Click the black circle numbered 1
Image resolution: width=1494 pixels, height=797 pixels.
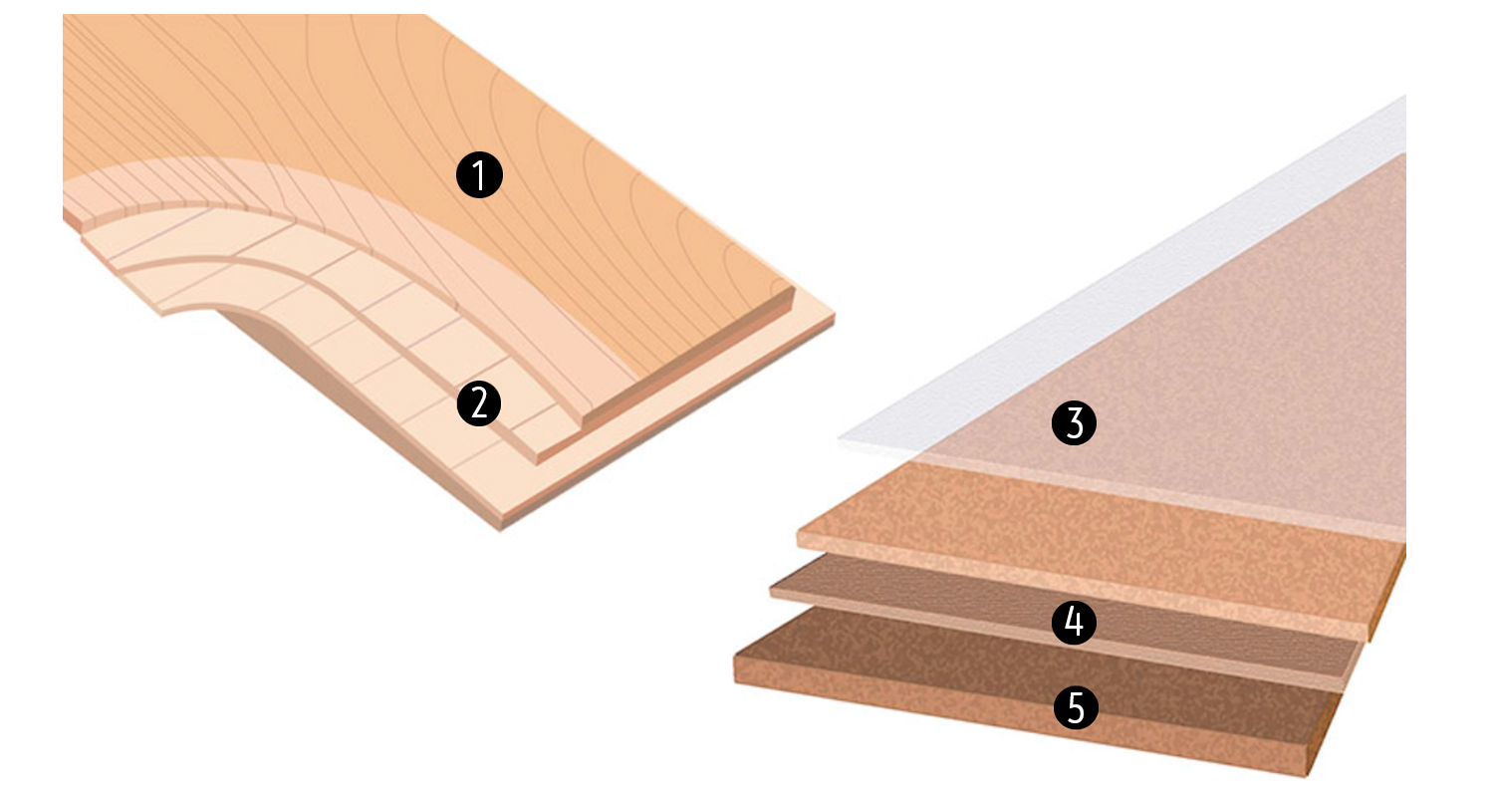click(x=479, y=175)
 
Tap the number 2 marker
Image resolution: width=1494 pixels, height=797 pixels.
click(x=479, y=403)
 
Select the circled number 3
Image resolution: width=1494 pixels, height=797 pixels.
click(x=1074, y=422)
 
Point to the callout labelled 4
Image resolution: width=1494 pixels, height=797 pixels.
click(x=1074, y=622)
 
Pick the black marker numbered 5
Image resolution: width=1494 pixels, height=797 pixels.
click(x=1076, y=707)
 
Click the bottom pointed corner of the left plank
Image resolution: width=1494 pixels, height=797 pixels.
click(x=500, y=530)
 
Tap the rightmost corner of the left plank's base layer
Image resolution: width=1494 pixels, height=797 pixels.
click(x=835, y=316)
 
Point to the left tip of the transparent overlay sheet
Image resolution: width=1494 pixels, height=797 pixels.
click(x=839, y=439)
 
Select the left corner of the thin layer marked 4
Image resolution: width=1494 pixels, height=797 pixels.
click(x=770, y=590)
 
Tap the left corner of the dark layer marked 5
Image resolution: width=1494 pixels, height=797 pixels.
click(x=734, y=657)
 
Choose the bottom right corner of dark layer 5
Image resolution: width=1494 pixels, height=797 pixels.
click(x=1306, y=776)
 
